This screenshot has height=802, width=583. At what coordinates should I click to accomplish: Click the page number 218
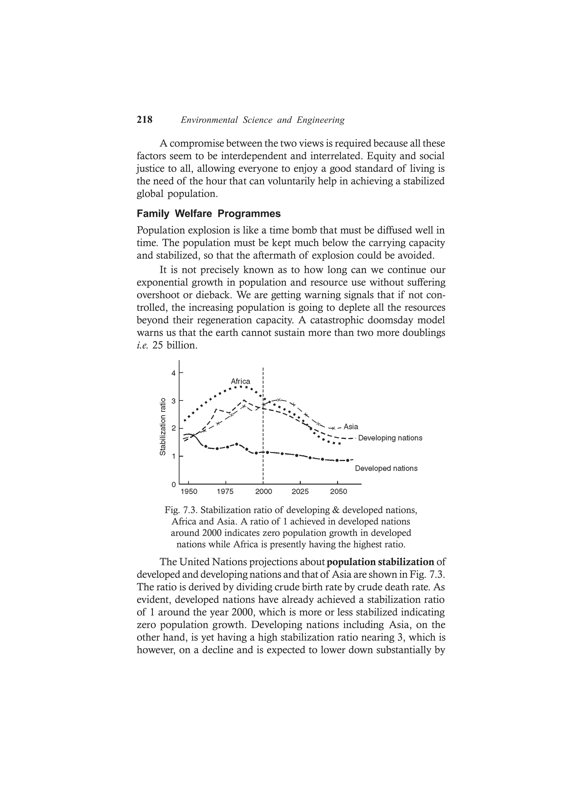144,120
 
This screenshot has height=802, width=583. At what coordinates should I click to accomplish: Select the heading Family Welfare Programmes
208,213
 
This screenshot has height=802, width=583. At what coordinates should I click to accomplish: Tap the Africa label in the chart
240,381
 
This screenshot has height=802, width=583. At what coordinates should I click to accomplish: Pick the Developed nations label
386,468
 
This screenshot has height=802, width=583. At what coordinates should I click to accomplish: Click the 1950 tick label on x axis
189,492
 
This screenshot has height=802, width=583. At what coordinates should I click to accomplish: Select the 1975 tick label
225,492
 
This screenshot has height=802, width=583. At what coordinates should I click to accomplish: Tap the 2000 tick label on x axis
264,492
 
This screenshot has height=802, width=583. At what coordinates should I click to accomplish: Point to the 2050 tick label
338,492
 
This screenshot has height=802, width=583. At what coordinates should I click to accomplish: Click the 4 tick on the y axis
173,373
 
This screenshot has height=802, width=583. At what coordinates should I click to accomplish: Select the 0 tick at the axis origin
173,484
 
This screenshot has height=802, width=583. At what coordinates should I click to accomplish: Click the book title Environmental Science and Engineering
262,120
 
